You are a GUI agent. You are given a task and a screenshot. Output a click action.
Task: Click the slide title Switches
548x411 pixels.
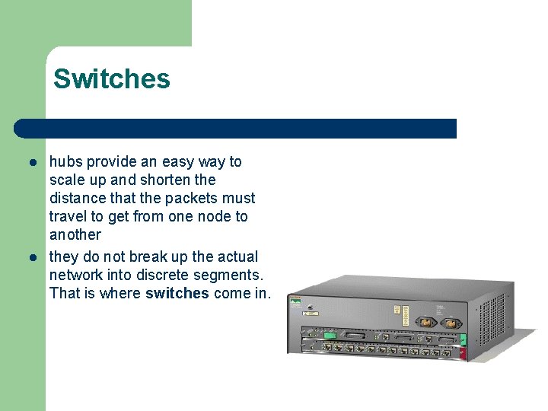pos(112,79)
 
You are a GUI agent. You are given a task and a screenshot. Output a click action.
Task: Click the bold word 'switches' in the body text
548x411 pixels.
pos(177,293)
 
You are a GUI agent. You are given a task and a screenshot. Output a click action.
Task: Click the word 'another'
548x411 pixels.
pos(75,234)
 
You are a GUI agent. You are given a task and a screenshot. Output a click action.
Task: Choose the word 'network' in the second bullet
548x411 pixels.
pos(76,275)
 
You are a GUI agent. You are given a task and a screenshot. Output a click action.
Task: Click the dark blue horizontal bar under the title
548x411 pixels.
pos(236,129)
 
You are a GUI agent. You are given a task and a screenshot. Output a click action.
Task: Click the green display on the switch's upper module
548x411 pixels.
pos(329,335)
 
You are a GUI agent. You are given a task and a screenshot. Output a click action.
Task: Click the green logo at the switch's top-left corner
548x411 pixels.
pos(295,304)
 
